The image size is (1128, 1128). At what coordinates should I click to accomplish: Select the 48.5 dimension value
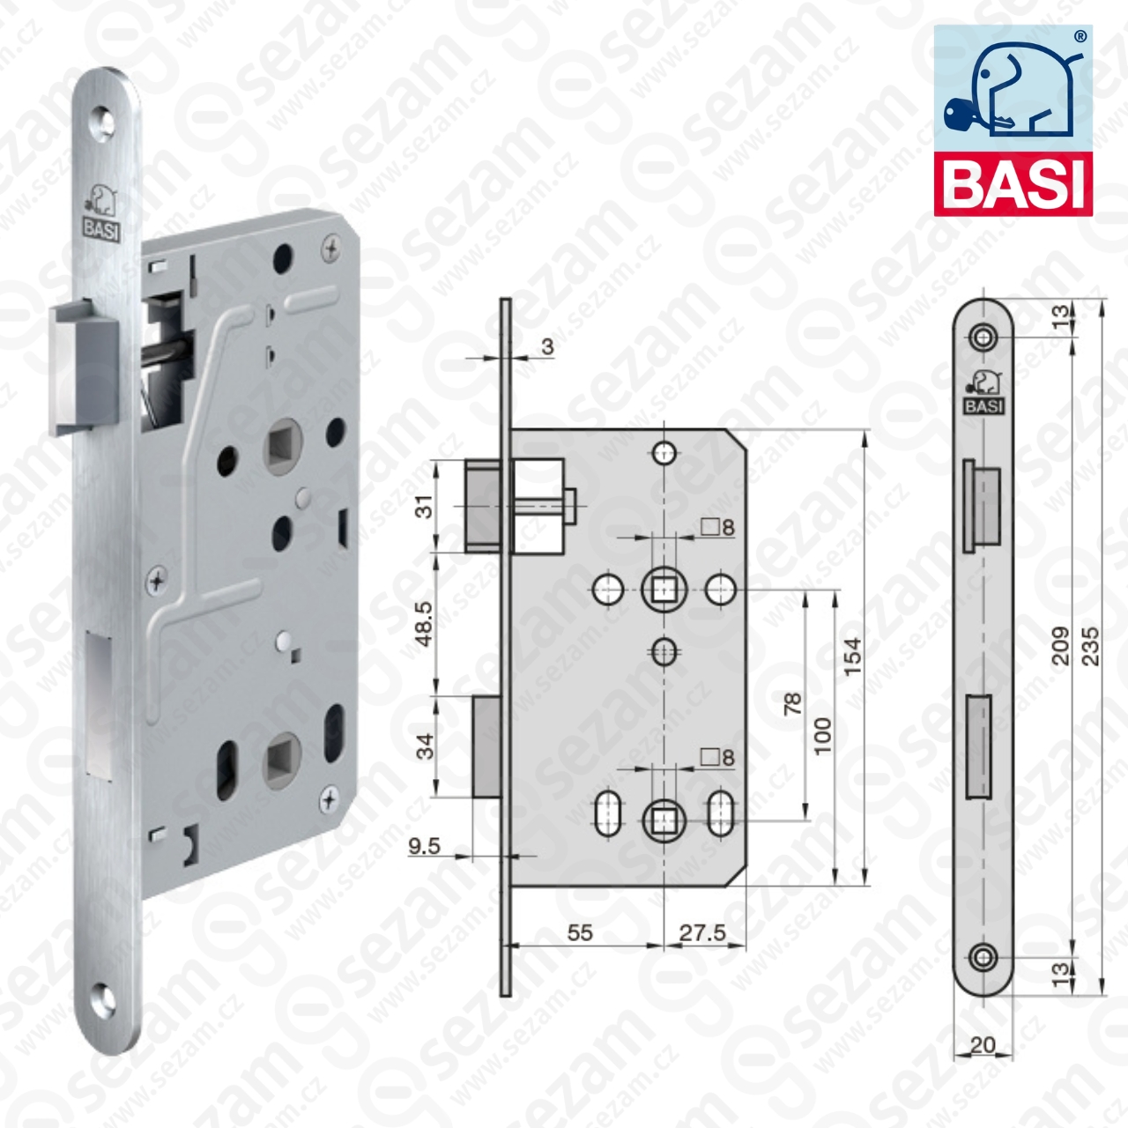425,623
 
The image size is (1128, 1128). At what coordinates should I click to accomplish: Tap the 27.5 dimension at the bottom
701,932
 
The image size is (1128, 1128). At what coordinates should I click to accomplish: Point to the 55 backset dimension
580,932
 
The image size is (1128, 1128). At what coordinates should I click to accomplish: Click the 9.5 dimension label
425,846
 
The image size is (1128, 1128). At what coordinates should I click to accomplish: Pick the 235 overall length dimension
1090,646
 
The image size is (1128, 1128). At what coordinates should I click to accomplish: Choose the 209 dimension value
1060,646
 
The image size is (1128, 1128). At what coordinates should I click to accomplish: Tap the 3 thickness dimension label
547,346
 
